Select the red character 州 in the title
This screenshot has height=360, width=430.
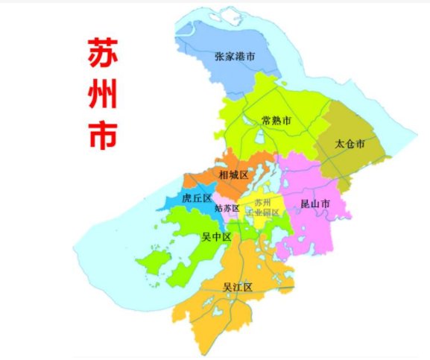(x=101, y=94)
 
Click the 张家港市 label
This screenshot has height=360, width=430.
(x=235, y=56)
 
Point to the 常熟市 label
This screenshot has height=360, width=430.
(x=276, y=120)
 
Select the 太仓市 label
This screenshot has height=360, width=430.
(x=350, y=142)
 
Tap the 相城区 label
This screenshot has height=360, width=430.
(x=233, y=175)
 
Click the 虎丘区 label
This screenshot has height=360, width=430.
(x=197, y=198)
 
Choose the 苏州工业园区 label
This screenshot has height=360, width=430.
(x=266, y=207)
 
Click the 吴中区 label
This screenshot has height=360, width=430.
(x=217, y=237)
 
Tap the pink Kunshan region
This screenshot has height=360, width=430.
(x=313, y=224)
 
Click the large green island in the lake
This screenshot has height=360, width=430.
(x=153, y=262)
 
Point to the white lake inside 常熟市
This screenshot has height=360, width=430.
(x=262, y=137)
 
